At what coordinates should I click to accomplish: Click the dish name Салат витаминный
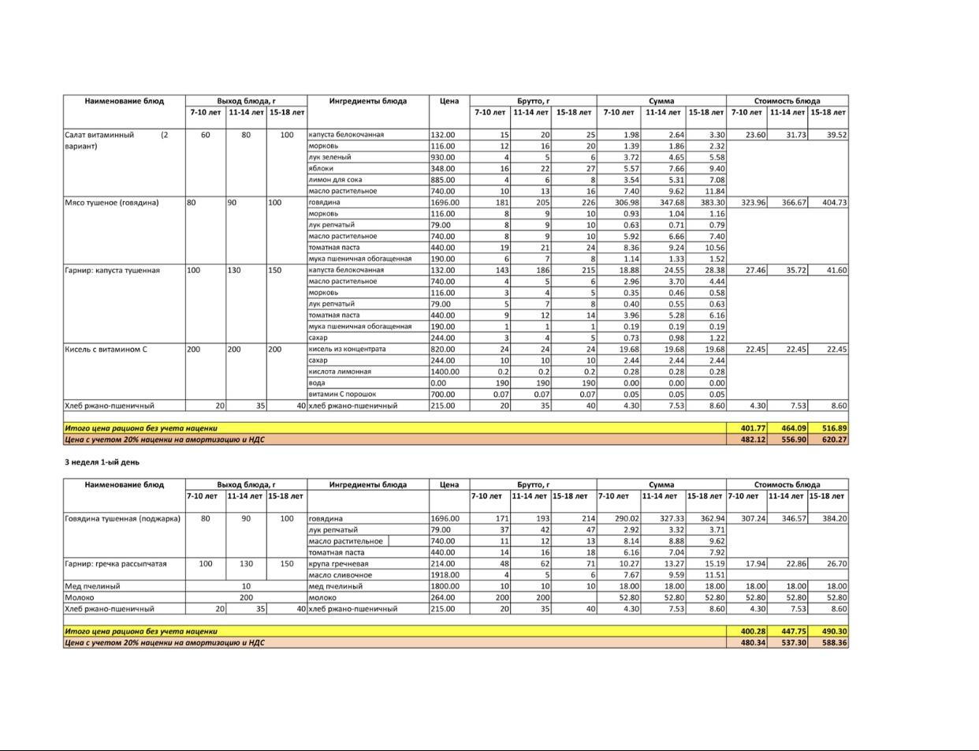[99, 135]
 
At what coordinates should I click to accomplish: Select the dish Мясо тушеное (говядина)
[112, 203]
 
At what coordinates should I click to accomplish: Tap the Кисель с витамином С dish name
[106, 349]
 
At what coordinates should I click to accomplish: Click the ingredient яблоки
[321, 169]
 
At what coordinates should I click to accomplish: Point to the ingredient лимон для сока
[335, 180]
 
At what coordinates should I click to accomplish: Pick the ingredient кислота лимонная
[340, 372]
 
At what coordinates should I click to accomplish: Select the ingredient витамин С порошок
[342, 394]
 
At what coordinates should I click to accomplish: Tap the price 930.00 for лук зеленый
[443, 158]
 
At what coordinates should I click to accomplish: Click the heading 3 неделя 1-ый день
[102, 462]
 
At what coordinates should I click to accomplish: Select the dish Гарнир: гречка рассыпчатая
[116, 564]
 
